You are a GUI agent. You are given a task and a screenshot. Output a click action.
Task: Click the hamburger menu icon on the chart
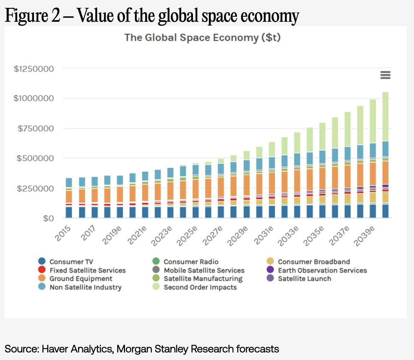point(385,75)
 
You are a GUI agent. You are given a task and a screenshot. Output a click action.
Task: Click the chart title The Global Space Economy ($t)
point(202,38)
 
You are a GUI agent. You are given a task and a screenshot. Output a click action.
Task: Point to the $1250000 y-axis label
point(34,69)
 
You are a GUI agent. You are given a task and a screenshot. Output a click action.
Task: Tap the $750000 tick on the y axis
point(35,128)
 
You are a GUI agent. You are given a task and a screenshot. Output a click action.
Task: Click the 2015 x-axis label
point(63,233)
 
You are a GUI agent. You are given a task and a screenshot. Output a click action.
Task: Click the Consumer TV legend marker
point(42,261)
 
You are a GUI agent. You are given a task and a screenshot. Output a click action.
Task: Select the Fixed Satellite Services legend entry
point(87,270)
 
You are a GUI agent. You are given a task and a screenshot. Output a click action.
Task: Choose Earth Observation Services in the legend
point(322,270)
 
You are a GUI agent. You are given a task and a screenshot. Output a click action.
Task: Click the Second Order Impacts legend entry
point(200,287)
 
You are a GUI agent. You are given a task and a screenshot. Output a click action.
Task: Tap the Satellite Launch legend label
point(304,279)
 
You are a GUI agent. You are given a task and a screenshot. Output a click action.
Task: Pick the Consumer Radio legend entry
point(191,262)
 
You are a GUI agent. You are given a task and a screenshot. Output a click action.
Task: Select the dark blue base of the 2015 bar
point(69,212)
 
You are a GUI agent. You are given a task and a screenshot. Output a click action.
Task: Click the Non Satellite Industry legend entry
point(85,287)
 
